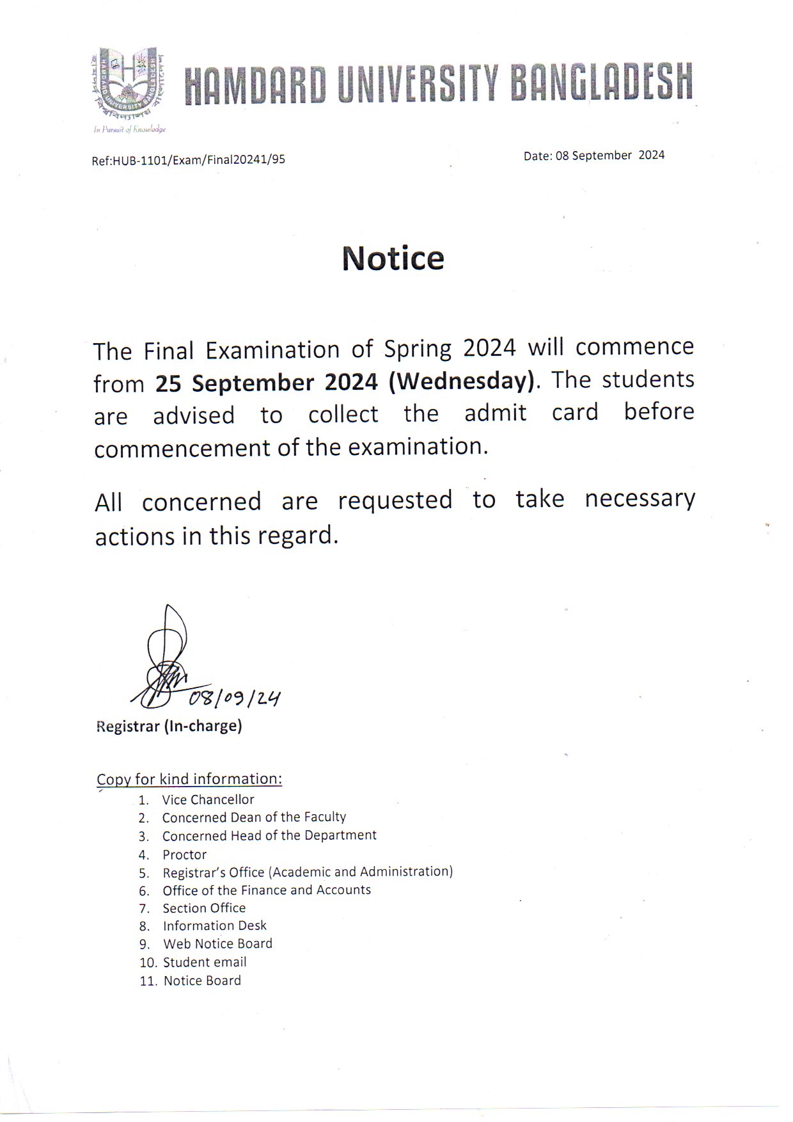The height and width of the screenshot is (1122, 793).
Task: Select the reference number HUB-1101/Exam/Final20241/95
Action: click(x=198, y=160)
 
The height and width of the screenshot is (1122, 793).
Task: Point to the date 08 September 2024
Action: click(x=609, y=156)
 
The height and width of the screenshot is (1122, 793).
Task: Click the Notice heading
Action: click(x=393, y=258)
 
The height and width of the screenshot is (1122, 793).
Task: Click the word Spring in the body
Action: click(x=418, y=349)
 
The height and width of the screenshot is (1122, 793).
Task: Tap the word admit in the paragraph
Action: click(x=495, y=413)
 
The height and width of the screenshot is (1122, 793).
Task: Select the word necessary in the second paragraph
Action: click(x=640, y=499)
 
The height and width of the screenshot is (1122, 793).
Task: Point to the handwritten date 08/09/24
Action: click(x=235, y=698)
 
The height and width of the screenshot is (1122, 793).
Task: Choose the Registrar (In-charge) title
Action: click(x=169, y=726)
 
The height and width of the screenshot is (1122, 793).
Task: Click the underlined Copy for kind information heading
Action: click(x=189, y=779)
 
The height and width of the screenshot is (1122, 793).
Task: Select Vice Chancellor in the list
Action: click(x=208, y=799)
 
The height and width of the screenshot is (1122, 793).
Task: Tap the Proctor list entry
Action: click(x=184, y=854)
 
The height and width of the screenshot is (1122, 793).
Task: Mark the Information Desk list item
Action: click(x=214, y=926)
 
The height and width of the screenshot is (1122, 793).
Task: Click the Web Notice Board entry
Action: click(x=217, y=943)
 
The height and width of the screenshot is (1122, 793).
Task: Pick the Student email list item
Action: click(x=205, y=962)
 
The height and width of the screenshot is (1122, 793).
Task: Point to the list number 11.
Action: click(x=148, y=981)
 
